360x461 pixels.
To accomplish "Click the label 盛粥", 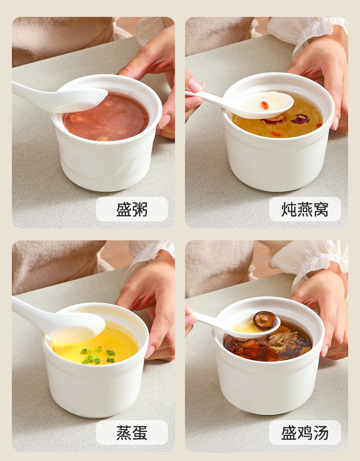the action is pos(132,209).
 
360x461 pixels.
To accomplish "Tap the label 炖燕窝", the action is pos(305,209).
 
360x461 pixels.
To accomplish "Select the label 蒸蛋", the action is pos(132,432).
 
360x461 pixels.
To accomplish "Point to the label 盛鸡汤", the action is pos(305,432).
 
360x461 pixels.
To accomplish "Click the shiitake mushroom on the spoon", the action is pos(265,320).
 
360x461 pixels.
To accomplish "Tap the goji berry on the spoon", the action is pos(265,105).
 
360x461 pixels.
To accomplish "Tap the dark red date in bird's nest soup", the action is pos(300,119).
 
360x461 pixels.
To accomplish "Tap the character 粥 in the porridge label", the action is pos(140,209).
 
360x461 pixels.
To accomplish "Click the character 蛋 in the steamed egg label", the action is pos(140,432).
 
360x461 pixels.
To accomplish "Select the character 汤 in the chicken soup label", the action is pos(321,432).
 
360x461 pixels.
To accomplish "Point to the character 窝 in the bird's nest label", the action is pos(321,209).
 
